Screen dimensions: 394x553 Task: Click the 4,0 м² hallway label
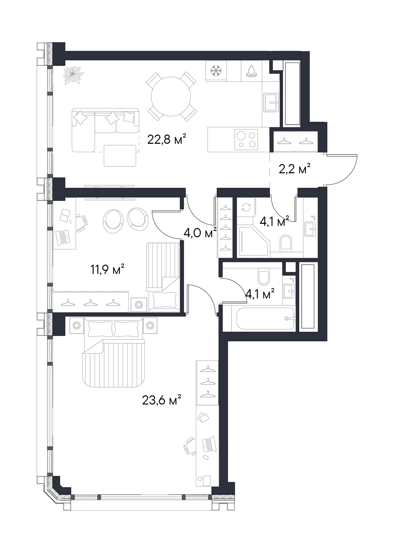(200, 233)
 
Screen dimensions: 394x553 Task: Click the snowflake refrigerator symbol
(216, 71)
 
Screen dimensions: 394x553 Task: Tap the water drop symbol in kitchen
(252, 71)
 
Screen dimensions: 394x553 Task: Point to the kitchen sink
(271, 102)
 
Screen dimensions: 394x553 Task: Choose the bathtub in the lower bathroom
(265, 318)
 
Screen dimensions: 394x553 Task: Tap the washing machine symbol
(246, 207)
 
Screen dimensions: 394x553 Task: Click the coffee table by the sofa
(120, 156)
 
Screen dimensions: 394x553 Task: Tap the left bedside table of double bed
(77, 325)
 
